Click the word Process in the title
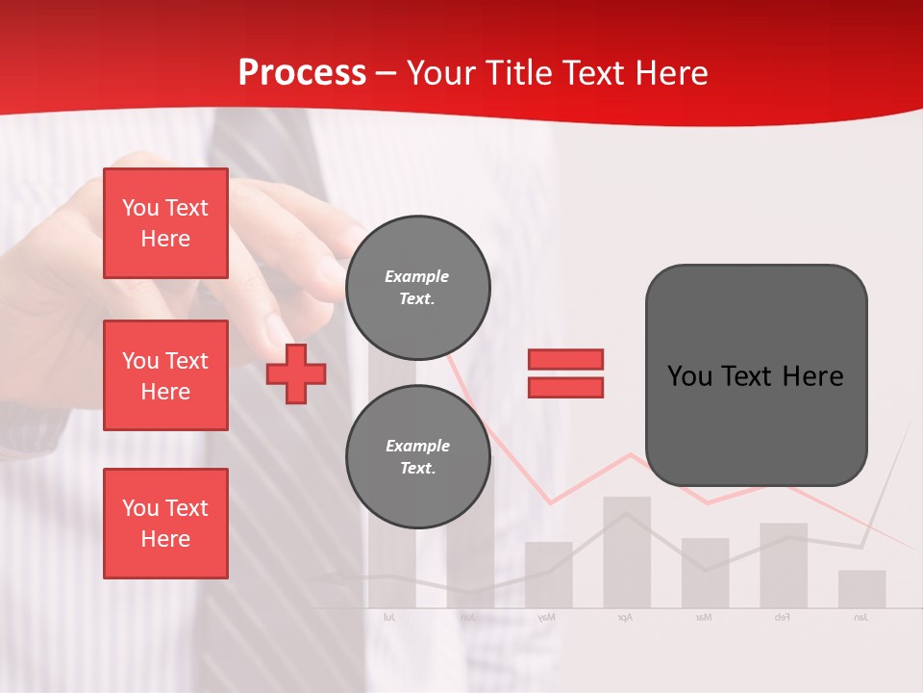coord(302,73)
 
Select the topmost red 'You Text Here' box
coord(165,223)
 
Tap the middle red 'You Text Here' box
coord(165,375)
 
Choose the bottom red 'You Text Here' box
coord(165,524)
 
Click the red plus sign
coord(296,372)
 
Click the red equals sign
coord(565,373)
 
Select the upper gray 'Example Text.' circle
coord(417,287)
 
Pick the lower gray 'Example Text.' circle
coord(417,456)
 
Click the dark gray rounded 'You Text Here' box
coord(756,375)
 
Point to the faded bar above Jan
coord(861,589)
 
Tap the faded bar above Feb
coord(784,566)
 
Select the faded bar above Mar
coord(705,574)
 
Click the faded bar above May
coord(548,576)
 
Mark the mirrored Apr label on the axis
coord(625,617)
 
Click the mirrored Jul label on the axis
coord(389,617)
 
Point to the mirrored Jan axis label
coord(861,617)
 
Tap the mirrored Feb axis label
coord(782,617)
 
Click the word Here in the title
coord(670,73)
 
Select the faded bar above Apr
coord(627,552)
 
